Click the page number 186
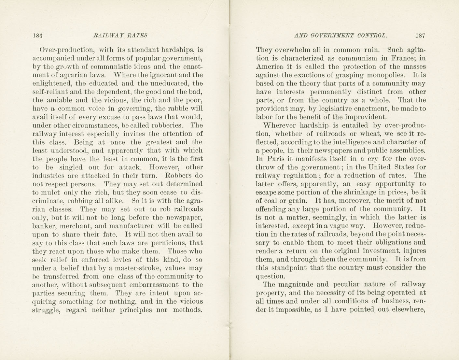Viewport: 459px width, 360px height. click(x=38, y=36)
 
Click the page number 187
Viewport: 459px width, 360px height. click(x=420, y=36)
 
